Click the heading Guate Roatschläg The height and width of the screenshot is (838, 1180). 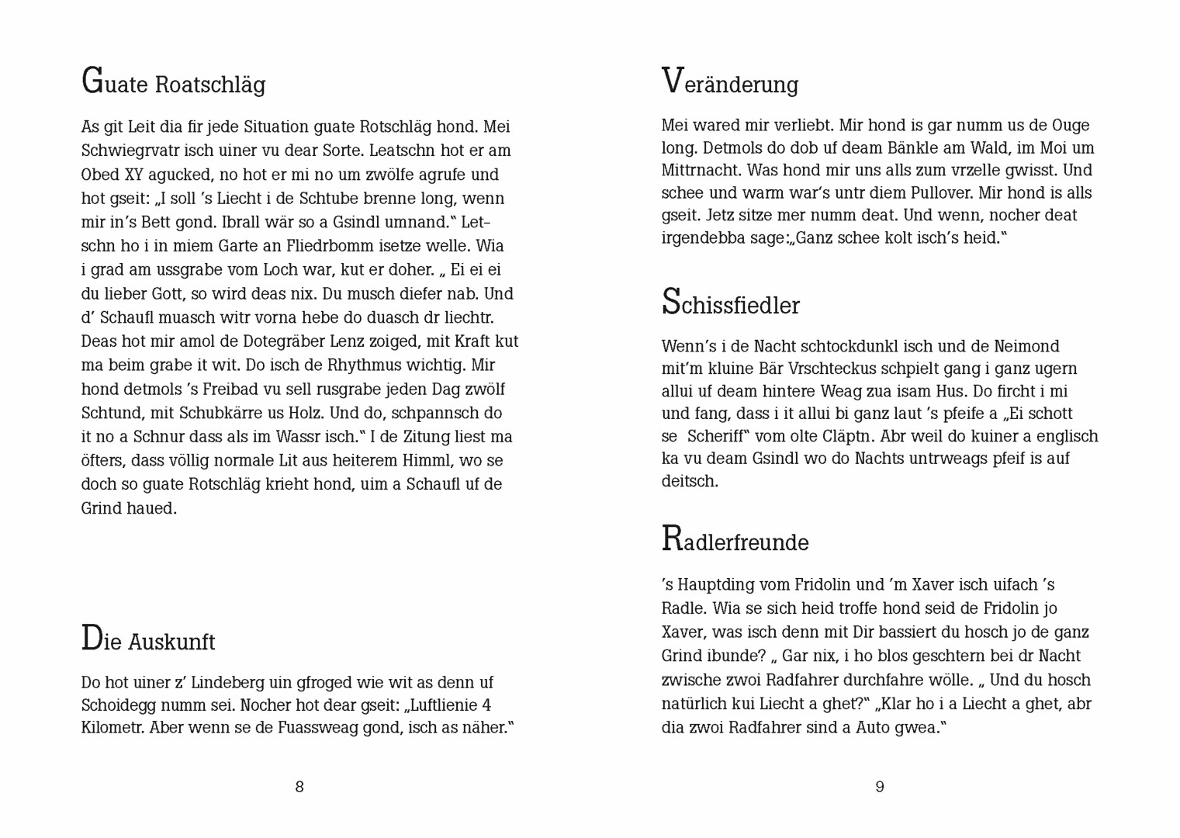173,82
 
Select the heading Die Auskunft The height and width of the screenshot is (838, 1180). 148,640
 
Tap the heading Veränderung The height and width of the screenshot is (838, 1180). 729,82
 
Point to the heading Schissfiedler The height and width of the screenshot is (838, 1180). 730,303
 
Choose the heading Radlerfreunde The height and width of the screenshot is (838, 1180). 735,540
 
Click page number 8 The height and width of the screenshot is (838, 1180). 299,787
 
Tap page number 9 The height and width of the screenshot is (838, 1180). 880,787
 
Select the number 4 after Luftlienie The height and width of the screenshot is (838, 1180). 486,705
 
